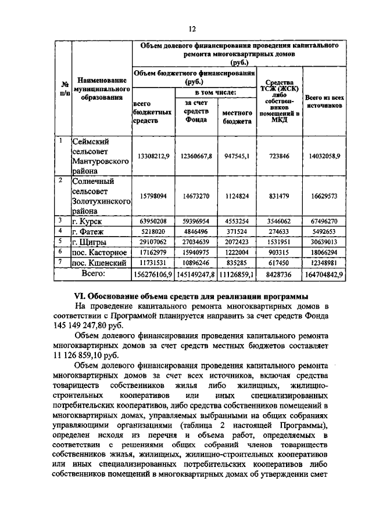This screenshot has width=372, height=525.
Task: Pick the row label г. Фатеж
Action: point(90,231)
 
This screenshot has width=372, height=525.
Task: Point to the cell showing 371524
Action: point(236,231)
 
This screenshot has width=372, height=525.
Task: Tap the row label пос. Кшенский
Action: point(99,263)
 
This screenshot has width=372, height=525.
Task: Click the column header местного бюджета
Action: point(236,118)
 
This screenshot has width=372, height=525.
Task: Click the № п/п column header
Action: point(63,88)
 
